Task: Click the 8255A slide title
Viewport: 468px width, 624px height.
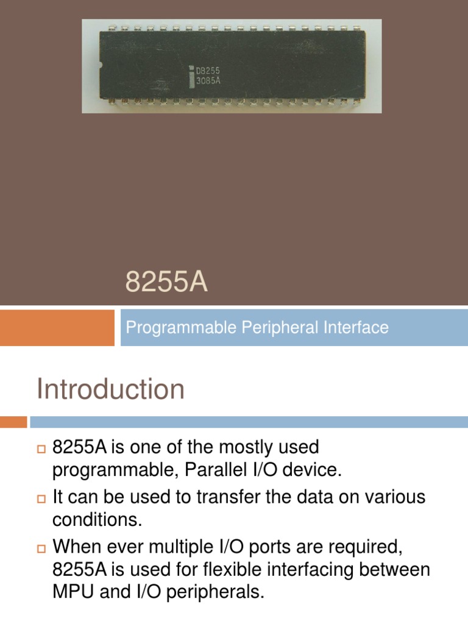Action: click(166, 283)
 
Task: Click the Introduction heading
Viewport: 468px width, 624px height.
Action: click(110, 389)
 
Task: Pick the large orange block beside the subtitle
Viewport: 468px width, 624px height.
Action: click(57, 328)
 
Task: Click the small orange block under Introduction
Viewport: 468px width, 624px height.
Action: click(13, 422)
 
